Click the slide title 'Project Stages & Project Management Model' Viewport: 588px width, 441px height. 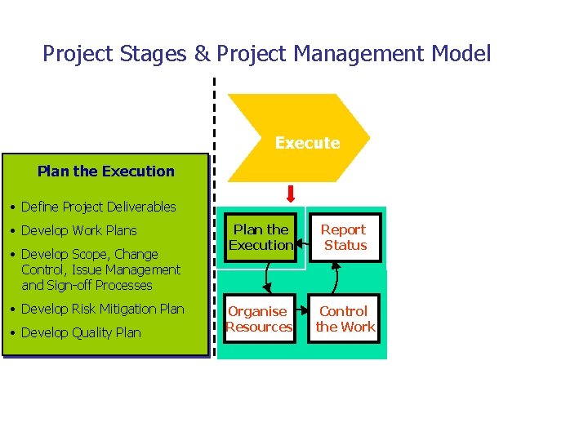point(266,55)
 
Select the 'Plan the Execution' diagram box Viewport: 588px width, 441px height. point(261,238)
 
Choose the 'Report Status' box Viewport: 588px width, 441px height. point(345,238)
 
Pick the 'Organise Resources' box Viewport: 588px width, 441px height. point(259,319)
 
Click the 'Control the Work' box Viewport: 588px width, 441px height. point(345,319)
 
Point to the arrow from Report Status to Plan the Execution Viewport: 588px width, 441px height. point(301,239)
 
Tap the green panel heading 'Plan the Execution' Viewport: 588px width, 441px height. point(106,171)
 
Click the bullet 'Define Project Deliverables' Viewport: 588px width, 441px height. point(98,207)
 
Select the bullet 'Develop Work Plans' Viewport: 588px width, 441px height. point(78,230)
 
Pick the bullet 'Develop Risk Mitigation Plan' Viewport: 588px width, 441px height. point(102,309)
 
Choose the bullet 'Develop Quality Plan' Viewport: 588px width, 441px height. point(81,332)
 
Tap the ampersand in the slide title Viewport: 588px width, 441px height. point(202,55)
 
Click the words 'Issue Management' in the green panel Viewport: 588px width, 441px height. point(131,269)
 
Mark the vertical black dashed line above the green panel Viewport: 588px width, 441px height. point(214,114)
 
